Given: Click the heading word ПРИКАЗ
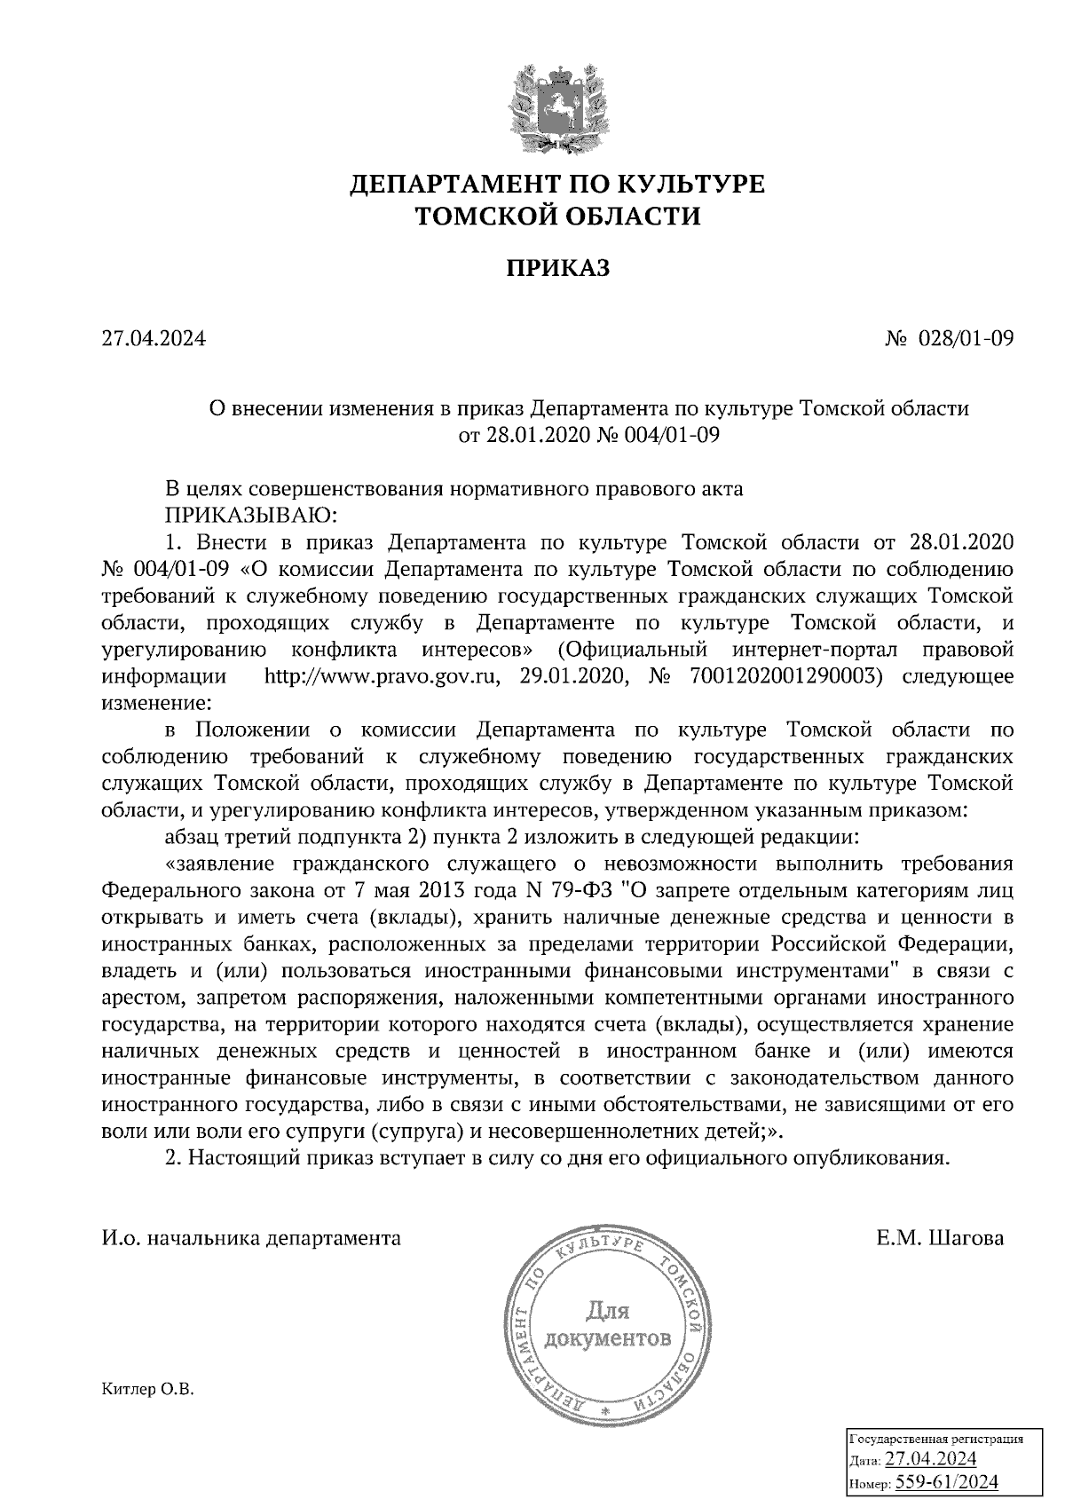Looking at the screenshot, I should click(x=558, y=268).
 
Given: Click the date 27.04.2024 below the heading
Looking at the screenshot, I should click(x=154, y=338).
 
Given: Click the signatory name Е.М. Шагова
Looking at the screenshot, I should click(x=939, y=1238).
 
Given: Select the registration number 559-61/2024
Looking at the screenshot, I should click(x=948, y=1481).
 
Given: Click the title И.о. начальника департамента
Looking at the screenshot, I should click(x=251, y=1238).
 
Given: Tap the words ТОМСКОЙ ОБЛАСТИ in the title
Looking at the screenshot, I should click(x=558, y=216).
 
